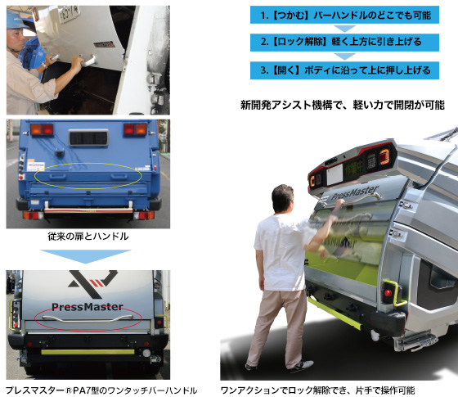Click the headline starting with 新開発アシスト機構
pos(343,105)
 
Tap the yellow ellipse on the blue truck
pos(88,174)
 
